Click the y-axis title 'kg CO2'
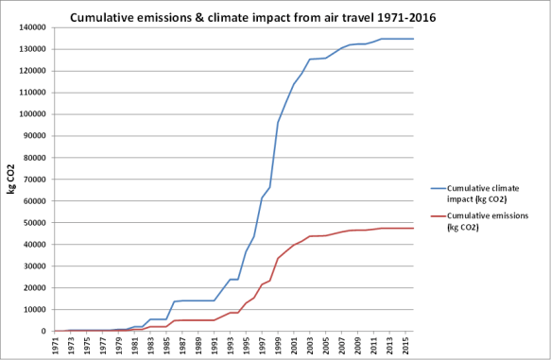click(x=10, y=179)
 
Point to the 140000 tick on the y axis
click(x=31, y=27)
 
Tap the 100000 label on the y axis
click(x=31, y=114)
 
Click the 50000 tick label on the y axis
click(x=34, y=223)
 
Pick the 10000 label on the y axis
click(x=34, y=310)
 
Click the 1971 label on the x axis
click(x=57, y=346)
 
